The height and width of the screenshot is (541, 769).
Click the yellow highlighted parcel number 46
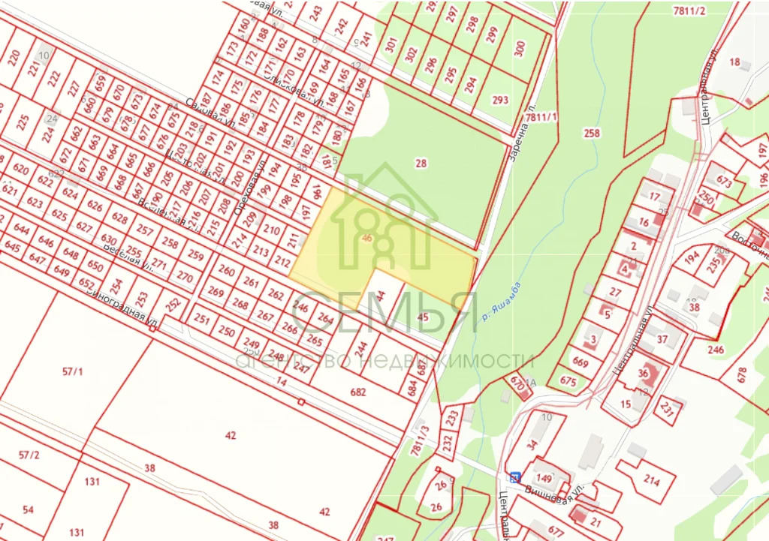click(x=366, y=239)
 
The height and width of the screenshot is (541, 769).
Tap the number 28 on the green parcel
click(x=421, y=163)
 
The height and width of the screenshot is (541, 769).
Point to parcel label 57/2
click(x=29, y=455)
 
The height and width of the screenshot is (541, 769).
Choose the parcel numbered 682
click(x=357, y=392)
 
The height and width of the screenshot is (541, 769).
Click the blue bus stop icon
click(x=514, y=477)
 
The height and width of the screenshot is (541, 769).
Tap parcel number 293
click(x=500, y=101)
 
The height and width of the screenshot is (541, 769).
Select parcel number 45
click(x=422, y=317)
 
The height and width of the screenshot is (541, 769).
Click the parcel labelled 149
click(x=544, y=478)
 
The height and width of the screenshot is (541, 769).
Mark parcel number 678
click(x=742, y=372)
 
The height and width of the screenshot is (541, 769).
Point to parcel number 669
click(x=581, y=362)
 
